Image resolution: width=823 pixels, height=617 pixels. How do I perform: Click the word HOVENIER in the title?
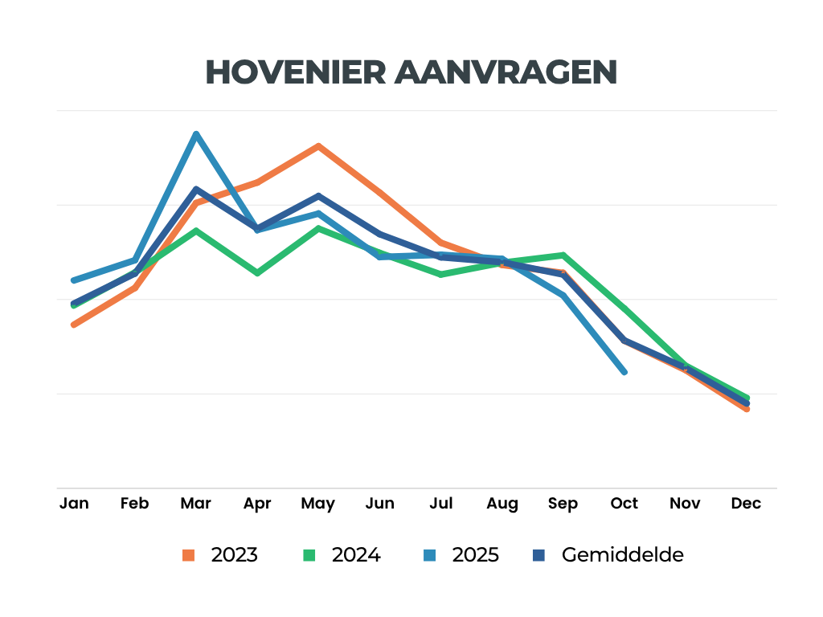pyautogui.click(x=295, y=72)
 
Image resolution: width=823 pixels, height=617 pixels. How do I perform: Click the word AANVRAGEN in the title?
pyautogui.click(x=506, y=72)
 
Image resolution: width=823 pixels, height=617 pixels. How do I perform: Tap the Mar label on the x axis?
pyautogui.click(x=195, y=504)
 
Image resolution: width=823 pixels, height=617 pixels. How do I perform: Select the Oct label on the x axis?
pyautogui.click(x=624, y=504)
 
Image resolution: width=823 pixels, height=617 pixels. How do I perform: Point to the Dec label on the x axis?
pyautogui.click(x=746, y=504)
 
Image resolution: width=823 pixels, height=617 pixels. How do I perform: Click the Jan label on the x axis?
pyautogui.click(x=74, y=504)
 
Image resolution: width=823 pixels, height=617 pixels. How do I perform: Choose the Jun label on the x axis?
pyautogui.click(x=379, y=504)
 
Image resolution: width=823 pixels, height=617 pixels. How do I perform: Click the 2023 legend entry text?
pyautogui.click(x=234, y=555)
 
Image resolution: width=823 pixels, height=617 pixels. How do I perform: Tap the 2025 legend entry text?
pyautogui.click(x=475, y=555)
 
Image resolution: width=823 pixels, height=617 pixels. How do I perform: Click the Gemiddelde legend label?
pyautogui.click(x=623, y=555)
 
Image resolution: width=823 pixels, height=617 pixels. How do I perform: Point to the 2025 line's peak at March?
pyautogui.click(x=195, y=134)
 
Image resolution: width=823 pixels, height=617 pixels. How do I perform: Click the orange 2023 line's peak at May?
pyautogui.click(x=318, y=146)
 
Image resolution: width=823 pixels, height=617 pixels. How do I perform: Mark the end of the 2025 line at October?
pyautogui.click(x=624, y=371)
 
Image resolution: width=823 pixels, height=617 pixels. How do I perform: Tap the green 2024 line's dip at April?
pyautogui.click(x=257, y=273)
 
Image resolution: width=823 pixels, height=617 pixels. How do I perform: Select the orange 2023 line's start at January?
pyautogui.click(x=74, y=325)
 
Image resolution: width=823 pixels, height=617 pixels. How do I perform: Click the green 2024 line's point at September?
pyautogui.click(x=563, y=255)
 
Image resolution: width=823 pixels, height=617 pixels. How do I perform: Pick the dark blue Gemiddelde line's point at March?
pyautogui.click(x=195, y=190)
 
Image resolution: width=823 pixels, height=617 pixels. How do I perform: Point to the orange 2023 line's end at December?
pyautogui.click(x=747, y=409)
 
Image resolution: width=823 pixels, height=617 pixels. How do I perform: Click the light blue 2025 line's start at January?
pyautogui.click(x=74, y=280)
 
